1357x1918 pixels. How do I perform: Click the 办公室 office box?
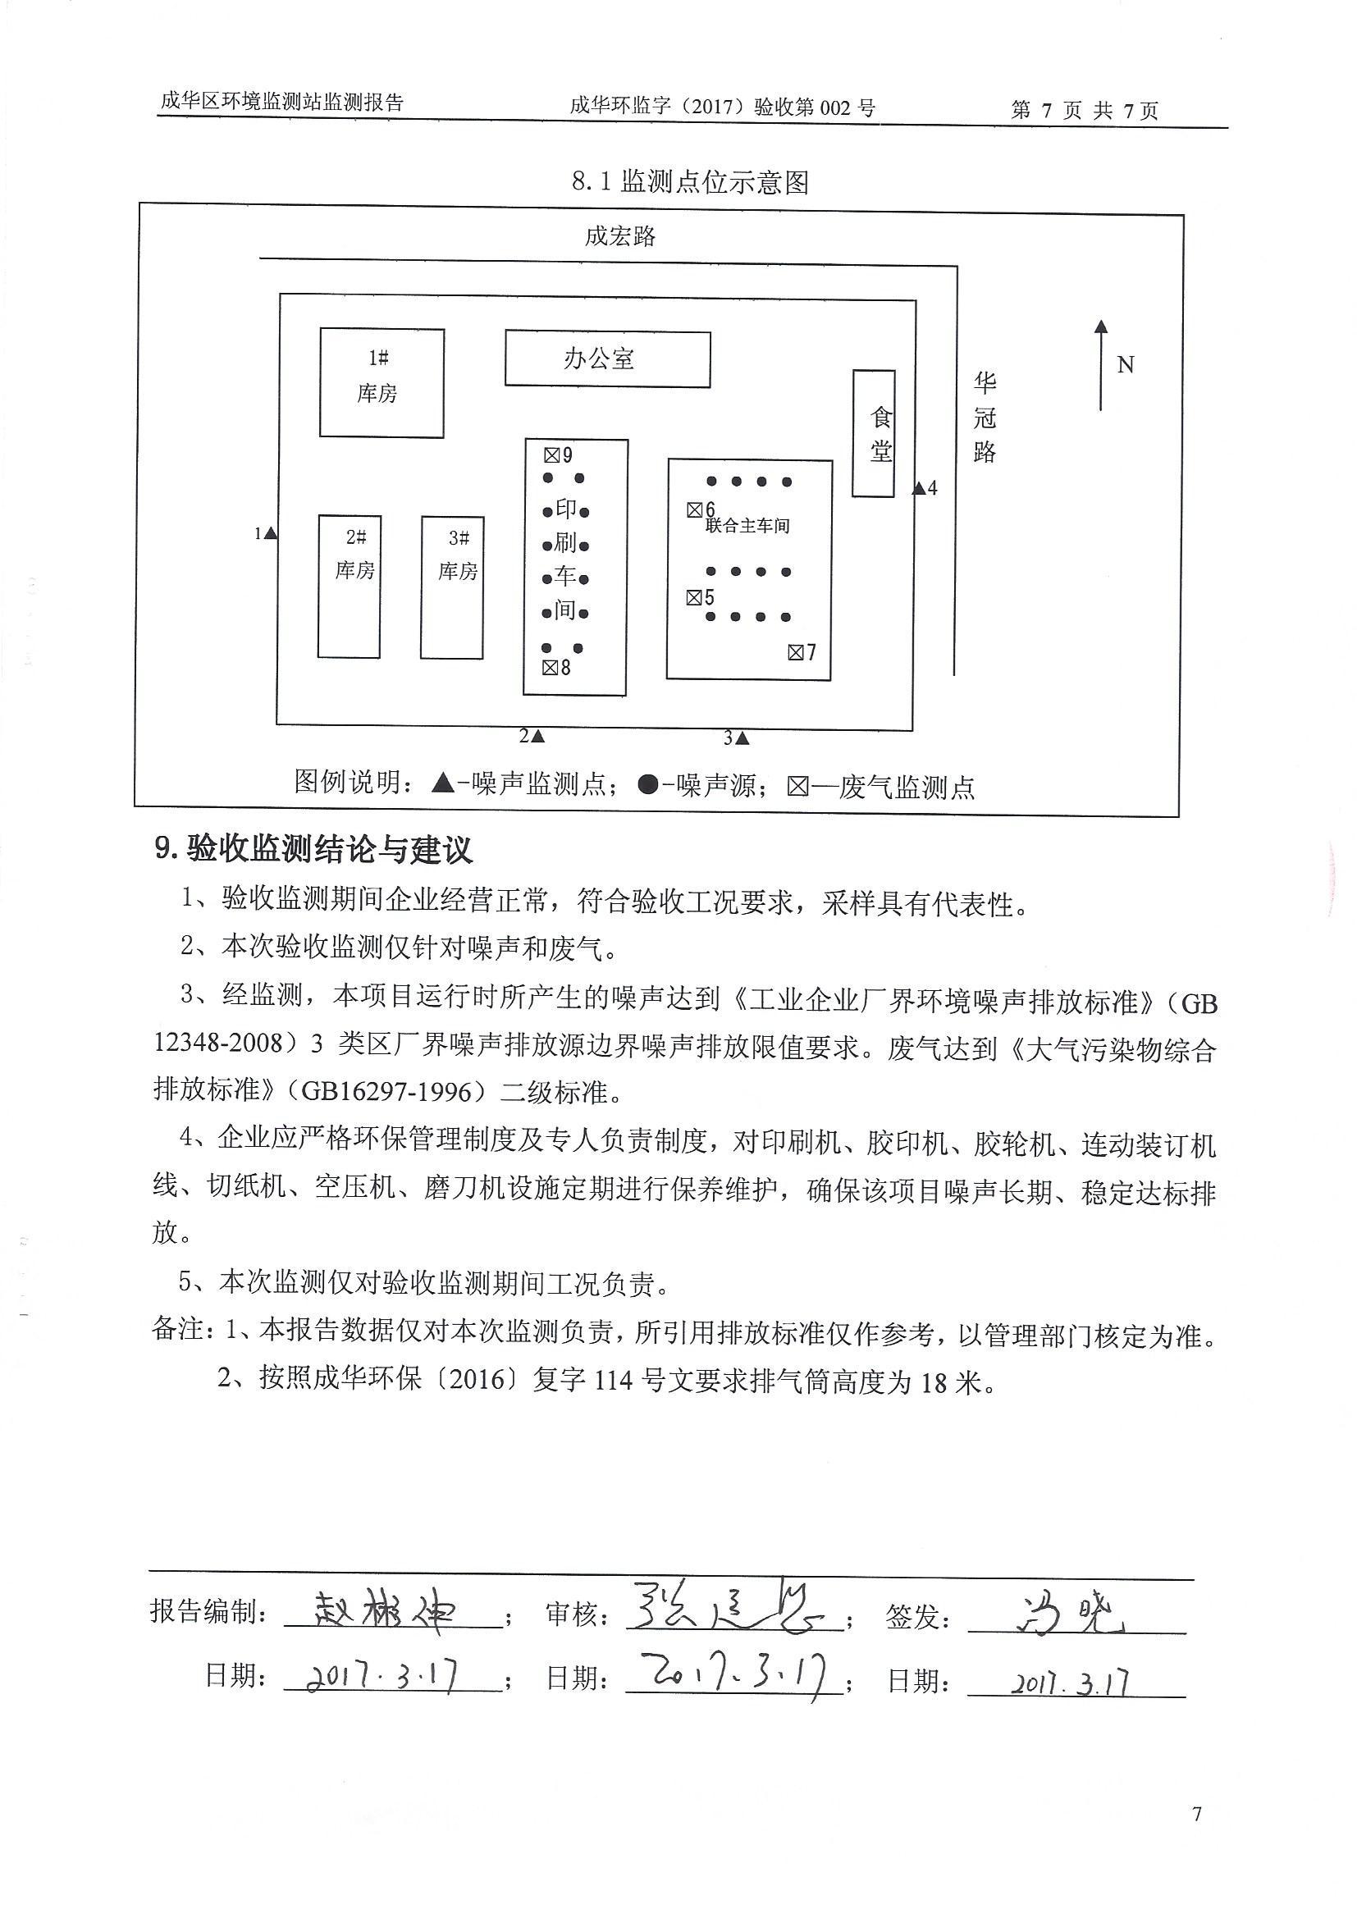coord(607,359)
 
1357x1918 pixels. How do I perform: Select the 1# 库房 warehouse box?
coord(382,382)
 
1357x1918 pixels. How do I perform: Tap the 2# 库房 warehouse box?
coord(350,587)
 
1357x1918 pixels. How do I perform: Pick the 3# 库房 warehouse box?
coord(452,587)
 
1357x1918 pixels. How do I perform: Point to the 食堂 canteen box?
coord(874,433)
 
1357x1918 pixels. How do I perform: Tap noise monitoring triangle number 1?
coord(271,533)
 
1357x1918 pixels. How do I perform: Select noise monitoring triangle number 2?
coord(538,736)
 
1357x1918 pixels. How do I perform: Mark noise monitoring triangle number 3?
coord(742,738)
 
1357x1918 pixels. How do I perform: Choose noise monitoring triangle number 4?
coord(919,488)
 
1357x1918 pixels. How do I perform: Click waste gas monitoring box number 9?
coord(551,455)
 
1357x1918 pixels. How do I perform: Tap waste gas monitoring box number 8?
coord(550,668)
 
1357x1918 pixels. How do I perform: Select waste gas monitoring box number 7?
coord(796,652)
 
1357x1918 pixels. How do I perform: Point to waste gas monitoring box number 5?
coord(694,597)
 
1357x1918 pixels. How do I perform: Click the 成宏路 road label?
coord(620,236)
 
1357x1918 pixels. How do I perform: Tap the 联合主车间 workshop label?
coord(748,527)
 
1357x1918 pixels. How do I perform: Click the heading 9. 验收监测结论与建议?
coord(314,850)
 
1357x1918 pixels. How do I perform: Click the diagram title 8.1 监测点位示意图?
coord(690,181)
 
